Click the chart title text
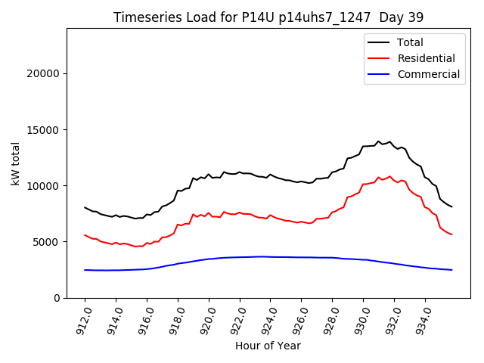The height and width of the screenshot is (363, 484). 268,17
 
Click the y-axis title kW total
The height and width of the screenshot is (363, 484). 15,163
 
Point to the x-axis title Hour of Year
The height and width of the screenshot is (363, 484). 268,346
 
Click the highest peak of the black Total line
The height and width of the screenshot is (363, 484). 379,141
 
